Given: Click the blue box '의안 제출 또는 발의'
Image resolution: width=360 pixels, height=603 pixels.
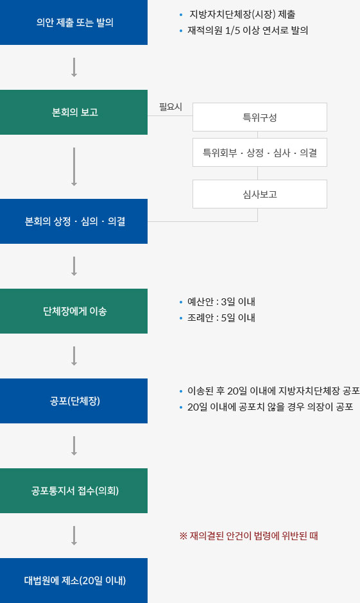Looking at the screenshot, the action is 74,22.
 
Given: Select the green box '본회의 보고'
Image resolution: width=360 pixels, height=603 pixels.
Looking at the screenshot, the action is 74,112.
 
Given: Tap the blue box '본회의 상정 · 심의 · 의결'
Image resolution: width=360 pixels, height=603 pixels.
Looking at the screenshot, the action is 74,221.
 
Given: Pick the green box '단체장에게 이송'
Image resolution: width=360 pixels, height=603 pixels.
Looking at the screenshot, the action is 74,311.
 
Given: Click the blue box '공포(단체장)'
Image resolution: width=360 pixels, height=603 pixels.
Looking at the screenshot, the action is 74,401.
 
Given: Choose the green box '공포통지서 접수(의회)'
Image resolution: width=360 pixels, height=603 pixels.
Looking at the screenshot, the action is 74,491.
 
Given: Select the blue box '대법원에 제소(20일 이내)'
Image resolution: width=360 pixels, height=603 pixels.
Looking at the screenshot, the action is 74,581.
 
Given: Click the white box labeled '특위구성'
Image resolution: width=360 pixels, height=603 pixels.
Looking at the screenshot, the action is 260,117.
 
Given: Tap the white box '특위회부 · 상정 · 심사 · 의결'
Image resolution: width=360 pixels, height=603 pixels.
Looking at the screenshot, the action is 260,153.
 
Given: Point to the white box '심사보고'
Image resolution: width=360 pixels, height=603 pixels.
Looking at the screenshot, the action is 260,194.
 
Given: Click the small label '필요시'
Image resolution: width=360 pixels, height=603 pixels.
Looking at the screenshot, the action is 171,107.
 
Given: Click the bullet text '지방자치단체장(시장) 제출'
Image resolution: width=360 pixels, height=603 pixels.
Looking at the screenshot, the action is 243,15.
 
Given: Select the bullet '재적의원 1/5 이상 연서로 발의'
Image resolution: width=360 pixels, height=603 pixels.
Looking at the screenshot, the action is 248,30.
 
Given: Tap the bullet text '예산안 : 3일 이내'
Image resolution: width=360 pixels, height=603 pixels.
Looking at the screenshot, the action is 221,302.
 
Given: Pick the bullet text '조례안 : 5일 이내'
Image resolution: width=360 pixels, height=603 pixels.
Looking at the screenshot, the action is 221,318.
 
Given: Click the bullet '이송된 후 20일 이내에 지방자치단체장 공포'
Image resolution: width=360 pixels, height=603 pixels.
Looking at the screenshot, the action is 273,391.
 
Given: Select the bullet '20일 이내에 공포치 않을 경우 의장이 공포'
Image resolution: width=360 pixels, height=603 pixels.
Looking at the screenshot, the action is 270,407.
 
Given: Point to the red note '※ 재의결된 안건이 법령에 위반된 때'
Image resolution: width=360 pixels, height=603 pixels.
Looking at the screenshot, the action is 248,536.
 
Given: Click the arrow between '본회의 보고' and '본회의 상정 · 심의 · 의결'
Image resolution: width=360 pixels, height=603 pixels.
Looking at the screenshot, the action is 74,167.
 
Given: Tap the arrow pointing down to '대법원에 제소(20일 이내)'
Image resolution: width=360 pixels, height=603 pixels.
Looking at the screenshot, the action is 74,536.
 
